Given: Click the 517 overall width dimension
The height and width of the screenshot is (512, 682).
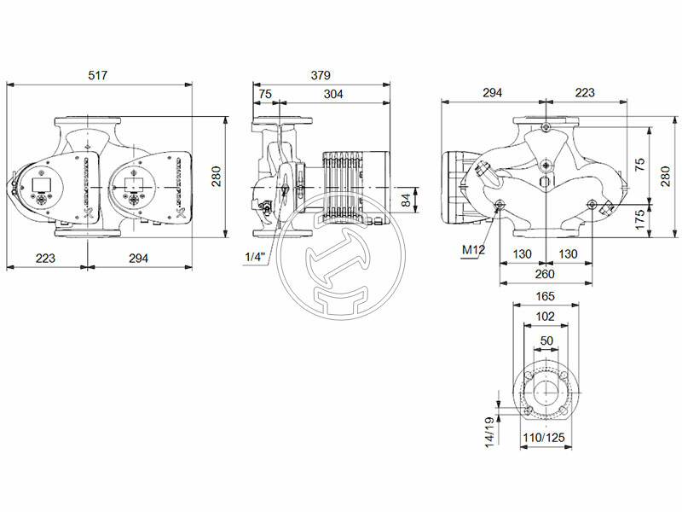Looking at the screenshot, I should [x=99, y=76].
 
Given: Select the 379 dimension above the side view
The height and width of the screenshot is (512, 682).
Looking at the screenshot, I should [x=320, y=76].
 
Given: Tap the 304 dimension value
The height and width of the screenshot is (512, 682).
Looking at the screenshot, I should [x=333, y=95].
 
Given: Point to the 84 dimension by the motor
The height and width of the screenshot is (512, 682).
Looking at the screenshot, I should [x=406, y=200].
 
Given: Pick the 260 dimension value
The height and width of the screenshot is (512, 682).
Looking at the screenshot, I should [x=545, y=274].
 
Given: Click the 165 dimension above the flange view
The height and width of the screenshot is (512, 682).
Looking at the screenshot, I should [x=545, y=296].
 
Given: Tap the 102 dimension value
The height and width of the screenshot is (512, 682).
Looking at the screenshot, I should [x=545, y=316].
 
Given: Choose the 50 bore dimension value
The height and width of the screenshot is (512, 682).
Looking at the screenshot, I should [x=545, y=340].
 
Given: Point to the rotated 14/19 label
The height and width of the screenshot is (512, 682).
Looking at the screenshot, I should [x=488, y=431].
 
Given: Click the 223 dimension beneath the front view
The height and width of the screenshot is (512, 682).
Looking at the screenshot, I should [x=47, y=258].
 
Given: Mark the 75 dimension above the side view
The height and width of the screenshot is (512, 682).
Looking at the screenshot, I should [x=265, y=95].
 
